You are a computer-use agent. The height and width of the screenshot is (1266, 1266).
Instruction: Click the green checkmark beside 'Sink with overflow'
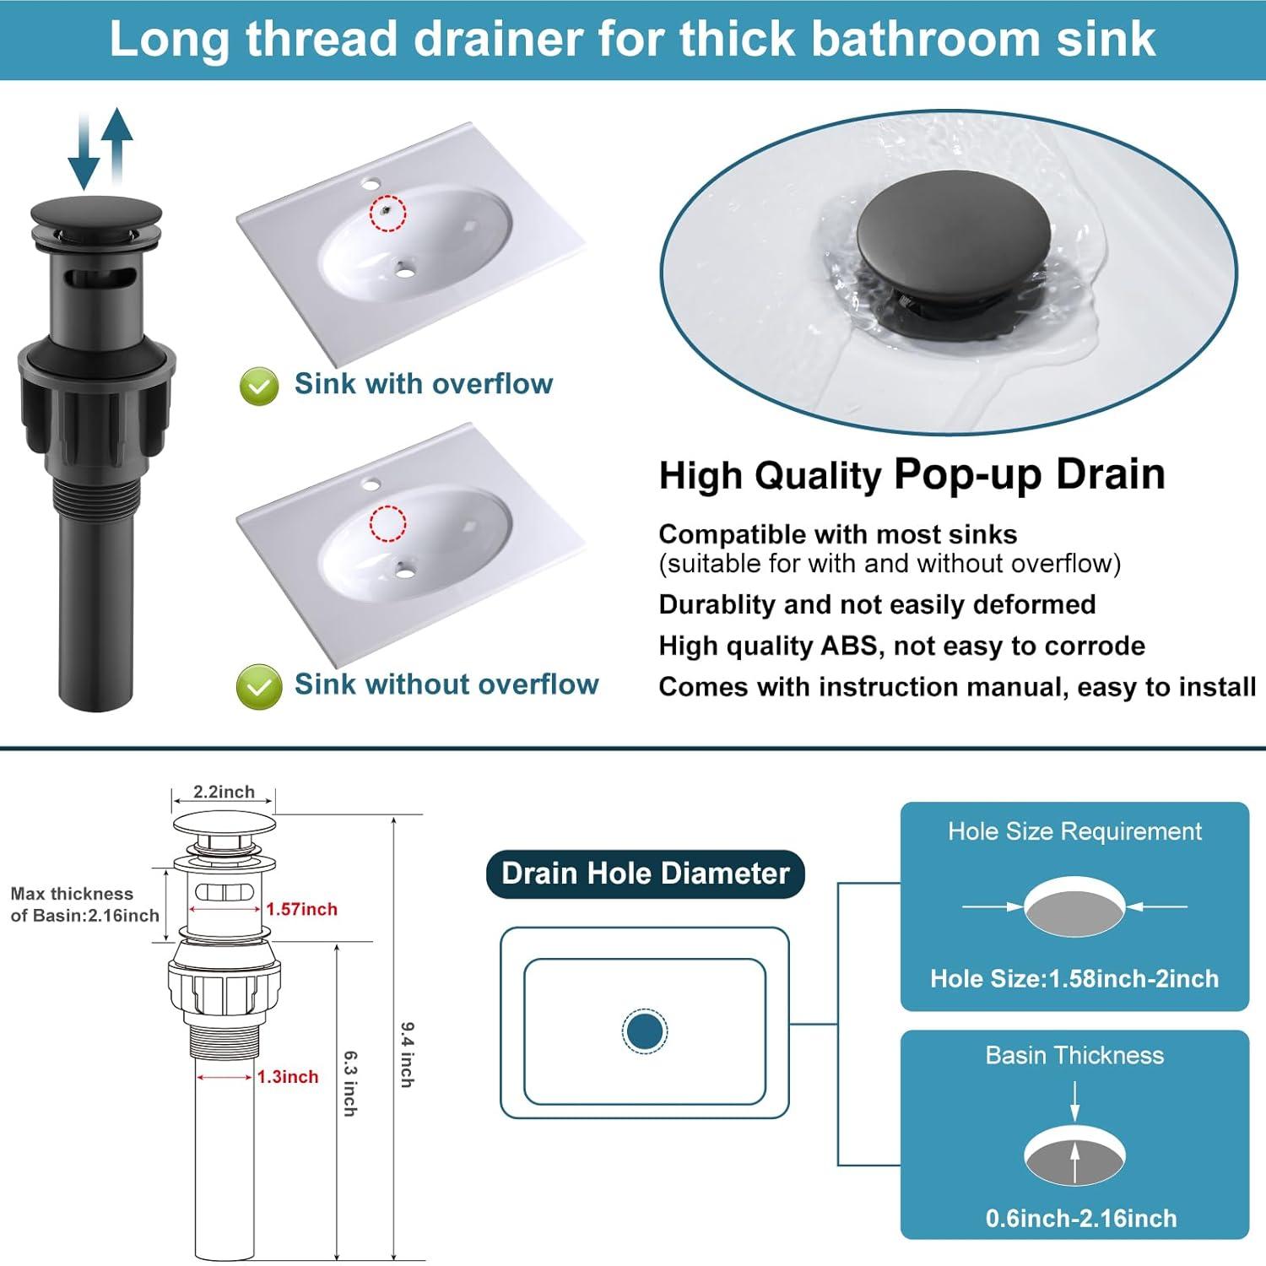click(x=259, y=387)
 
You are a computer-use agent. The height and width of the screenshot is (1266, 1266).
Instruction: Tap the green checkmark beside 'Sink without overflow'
click(x=258, y=686)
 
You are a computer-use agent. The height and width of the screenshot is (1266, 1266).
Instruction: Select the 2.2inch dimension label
click(x=224, y=792)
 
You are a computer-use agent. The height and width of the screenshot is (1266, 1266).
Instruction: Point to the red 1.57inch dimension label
click(x=301, y=909)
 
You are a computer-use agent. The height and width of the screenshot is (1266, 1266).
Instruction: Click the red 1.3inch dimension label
click(x=288, y=1077)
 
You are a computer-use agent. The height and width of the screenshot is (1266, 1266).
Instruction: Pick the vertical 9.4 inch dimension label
click(x=407, y=1055)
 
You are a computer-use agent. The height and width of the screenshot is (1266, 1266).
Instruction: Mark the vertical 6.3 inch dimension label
click(x=349, y=1084)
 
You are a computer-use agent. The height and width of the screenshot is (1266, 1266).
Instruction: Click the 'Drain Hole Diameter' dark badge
click(x=645, y=874)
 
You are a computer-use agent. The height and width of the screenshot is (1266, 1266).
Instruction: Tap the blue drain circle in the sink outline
click(x=645, y=1031)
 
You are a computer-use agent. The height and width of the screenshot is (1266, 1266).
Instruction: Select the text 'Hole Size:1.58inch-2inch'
click(x=1074, y=979)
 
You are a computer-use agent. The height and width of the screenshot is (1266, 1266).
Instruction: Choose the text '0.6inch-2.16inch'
click(x=1080, y=1218)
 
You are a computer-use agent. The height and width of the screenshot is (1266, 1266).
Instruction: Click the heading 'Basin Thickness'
click(x=1074, y=1056)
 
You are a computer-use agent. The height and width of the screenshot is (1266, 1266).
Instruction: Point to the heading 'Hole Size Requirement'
click(x=1074, y=831)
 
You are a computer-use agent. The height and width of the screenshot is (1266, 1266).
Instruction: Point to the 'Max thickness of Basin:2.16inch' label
click(x=84, y=904)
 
